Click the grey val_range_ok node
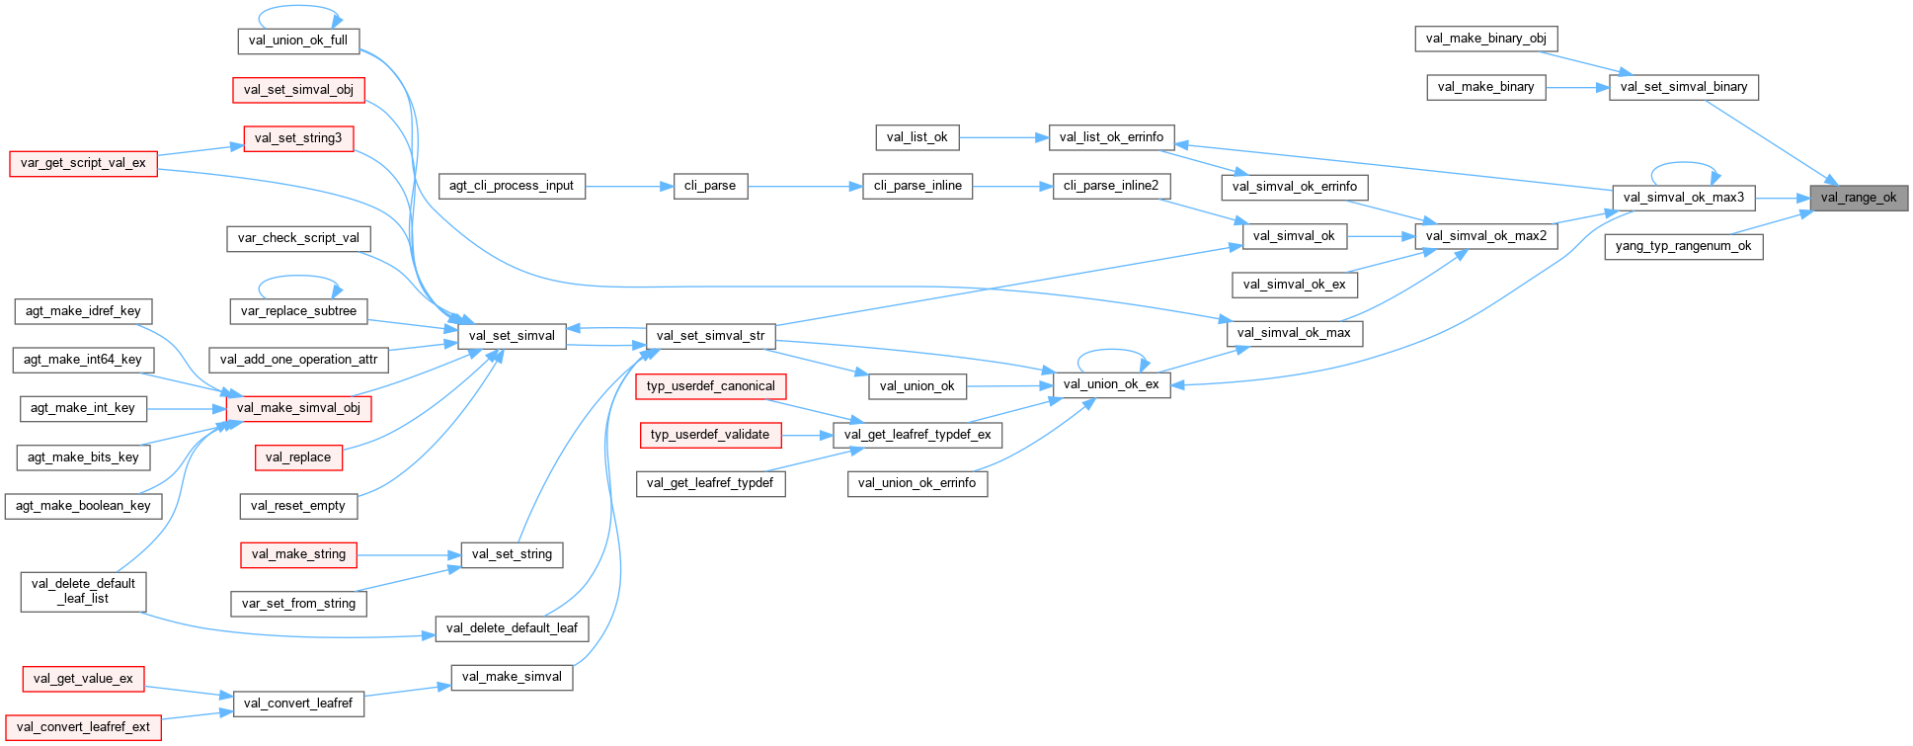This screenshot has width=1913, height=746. [1858, 198]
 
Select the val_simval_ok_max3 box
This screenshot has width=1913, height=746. [1684, 198]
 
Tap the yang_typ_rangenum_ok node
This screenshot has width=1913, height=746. [1683, 246]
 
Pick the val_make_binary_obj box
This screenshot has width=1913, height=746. [1485, 39]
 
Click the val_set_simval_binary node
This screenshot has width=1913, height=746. [1683, 87]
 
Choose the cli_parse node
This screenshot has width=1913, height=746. [710, 186]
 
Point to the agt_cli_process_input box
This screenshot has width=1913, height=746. [511, 186]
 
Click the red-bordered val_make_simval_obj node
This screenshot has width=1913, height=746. [298, 408]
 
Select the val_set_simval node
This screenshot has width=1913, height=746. [512, 336]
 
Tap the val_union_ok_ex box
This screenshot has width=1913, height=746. [1111, 384]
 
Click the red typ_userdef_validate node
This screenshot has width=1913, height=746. [709, 435]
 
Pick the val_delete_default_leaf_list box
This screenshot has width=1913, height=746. [83, 591]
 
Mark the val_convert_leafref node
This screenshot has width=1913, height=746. [297, 704]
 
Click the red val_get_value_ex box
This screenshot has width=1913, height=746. [83, 679]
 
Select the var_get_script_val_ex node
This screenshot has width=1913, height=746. [83, 163]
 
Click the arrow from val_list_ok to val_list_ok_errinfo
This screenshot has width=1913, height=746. [1002, 137]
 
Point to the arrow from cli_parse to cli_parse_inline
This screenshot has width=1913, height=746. [805, 186]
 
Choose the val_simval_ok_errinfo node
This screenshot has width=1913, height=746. [1294, 187]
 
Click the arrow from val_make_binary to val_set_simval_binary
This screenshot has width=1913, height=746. [1577, 87]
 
